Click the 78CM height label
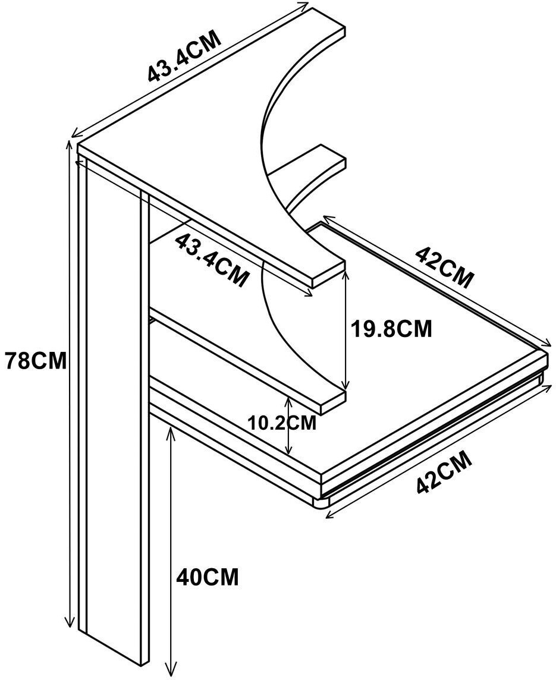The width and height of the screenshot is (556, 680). click(35, 361)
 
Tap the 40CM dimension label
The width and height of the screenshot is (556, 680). click(208, 576)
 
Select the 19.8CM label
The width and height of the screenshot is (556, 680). click(390, 329)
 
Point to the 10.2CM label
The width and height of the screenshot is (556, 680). click(281, 423)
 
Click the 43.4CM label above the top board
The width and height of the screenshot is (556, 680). click(184, 55)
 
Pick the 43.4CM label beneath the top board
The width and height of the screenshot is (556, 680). click(212, 260)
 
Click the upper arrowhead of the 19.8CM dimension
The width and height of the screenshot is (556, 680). click(345, 275)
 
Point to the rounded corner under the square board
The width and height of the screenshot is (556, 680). click(322, 503)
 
